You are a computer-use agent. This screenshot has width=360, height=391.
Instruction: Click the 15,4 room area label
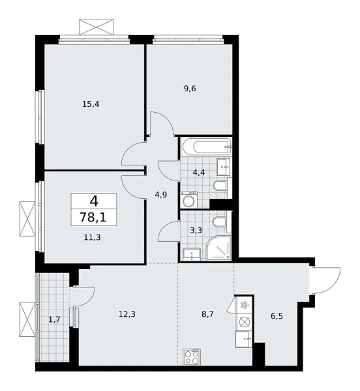(x=91, y=102)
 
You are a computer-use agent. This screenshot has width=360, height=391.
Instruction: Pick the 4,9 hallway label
(x=160, y=194)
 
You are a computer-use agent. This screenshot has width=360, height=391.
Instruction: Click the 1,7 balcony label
(x=55, y=319)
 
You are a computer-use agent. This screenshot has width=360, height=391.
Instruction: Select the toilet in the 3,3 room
(x=222, y=224)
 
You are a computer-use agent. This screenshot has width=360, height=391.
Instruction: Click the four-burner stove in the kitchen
(x=194, y=356)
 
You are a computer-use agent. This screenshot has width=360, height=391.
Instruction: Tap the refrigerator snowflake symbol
(x=245, y=304)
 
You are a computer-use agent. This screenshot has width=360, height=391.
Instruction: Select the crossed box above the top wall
(x=97, y=28)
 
